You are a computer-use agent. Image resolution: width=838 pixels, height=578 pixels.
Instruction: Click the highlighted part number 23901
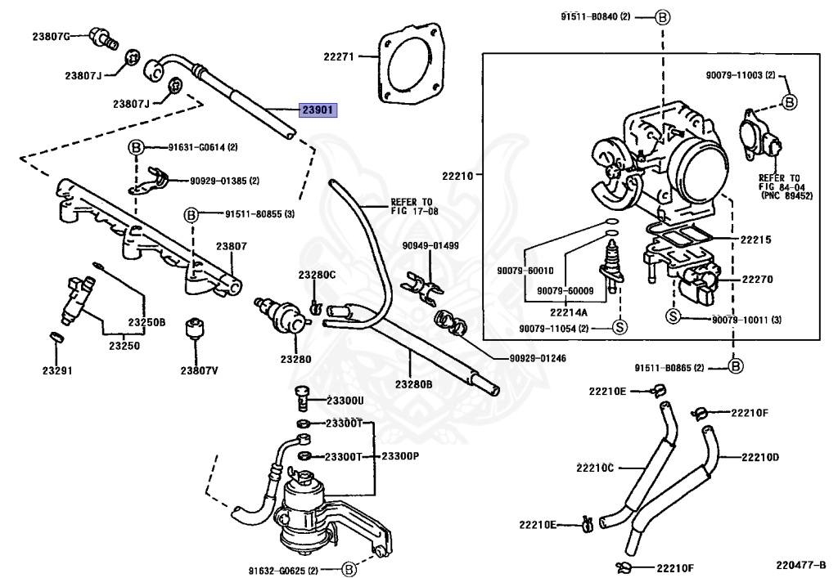(x=318, y=110)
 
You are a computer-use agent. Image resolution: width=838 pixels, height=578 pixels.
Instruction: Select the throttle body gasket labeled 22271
(x=409, y=63)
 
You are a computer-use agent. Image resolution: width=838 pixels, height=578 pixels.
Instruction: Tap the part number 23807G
(x=51, y=36)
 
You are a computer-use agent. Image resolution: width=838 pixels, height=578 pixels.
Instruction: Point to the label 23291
(x=57, y=370)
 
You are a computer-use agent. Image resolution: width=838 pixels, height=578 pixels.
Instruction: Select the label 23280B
(x=413, y=383)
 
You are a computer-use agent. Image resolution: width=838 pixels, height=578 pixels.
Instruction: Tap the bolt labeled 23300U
(x=302, y=398)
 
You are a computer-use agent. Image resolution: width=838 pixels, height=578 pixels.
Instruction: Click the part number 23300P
(x=400, y=456)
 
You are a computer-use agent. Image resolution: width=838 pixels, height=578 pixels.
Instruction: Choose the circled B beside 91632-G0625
(x=349, y=570)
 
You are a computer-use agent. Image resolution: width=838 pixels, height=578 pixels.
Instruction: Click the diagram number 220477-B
(x=800, y=564)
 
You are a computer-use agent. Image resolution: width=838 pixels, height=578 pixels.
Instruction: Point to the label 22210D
(x=760, y=457)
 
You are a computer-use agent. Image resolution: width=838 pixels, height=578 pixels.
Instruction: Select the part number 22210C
(x=595, y=468)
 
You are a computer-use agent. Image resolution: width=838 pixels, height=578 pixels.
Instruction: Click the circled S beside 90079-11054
(x=619, y=326)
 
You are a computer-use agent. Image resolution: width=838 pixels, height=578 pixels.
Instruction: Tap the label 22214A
(x=569, y=312)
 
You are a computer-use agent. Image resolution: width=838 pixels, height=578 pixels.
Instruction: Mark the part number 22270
(x=757, y=279)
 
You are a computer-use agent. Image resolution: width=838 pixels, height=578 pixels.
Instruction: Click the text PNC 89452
(x=787, y=196)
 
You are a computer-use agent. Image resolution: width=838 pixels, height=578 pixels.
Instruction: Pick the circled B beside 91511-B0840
(x=662, y=18)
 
